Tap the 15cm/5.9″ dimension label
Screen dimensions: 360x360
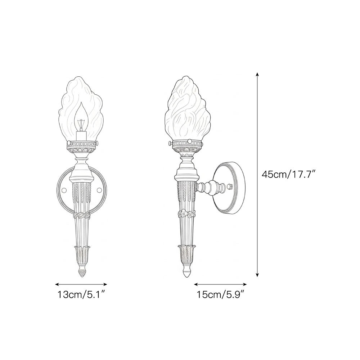point(221,295)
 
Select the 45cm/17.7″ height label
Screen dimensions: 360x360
point(289,175)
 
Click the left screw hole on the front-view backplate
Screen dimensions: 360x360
point(64,190)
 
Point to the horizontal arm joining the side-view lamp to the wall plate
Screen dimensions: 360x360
point(207,187)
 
